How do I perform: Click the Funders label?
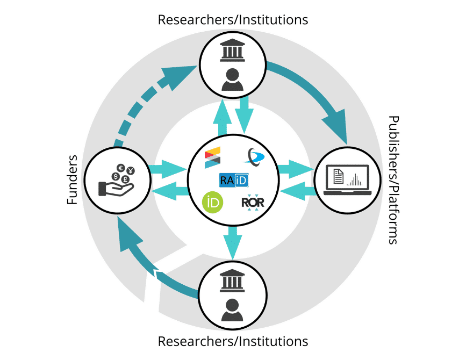coord(73,180)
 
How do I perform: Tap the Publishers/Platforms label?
coord(393,180)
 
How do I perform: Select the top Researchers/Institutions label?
coord(233,20)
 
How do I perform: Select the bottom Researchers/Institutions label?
coord(233,341)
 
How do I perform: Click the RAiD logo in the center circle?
coord(234,179)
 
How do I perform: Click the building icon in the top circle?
coord(233,53)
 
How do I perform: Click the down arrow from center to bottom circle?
coord(233,242)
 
